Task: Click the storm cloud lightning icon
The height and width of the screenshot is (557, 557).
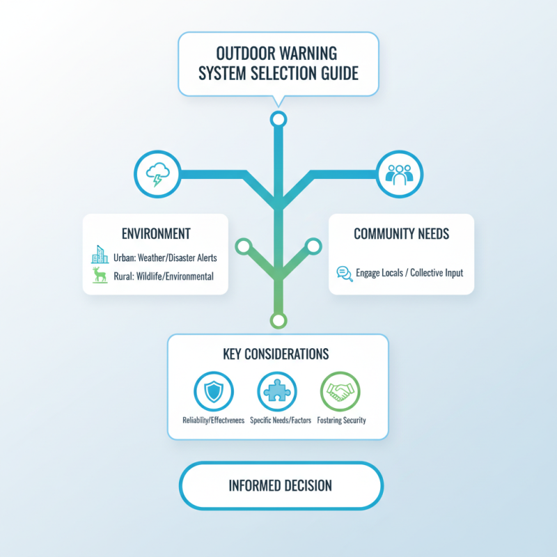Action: (158, 174)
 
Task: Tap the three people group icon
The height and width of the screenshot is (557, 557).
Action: (399, 174)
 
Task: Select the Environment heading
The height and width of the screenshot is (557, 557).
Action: (156, 234)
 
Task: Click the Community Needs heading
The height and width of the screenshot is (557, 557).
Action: (402, 234)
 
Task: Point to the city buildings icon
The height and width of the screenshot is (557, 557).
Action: (100, 254)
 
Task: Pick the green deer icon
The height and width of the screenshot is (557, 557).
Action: (100, 275)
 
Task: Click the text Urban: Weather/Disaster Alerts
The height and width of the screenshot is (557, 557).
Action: (165, 258)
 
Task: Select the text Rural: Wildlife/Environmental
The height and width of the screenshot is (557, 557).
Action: (164, 276)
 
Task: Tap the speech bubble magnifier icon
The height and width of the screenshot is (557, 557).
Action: (345, 274)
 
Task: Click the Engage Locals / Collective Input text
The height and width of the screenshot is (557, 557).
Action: (409, 273)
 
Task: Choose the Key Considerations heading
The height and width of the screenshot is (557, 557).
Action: (276, 354)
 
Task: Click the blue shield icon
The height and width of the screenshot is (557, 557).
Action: (214, 391)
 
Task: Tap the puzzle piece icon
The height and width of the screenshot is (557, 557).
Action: (277, 391)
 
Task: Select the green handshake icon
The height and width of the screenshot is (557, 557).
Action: (340, 391)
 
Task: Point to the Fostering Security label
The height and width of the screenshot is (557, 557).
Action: (341, 421)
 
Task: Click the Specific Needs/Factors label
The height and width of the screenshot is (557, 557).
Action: (281, 421)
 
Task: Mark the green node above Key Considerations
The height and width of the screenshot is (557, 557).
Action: (278, 320)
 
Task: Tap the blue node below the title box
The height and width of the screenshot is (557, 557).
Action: (278, 119)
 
